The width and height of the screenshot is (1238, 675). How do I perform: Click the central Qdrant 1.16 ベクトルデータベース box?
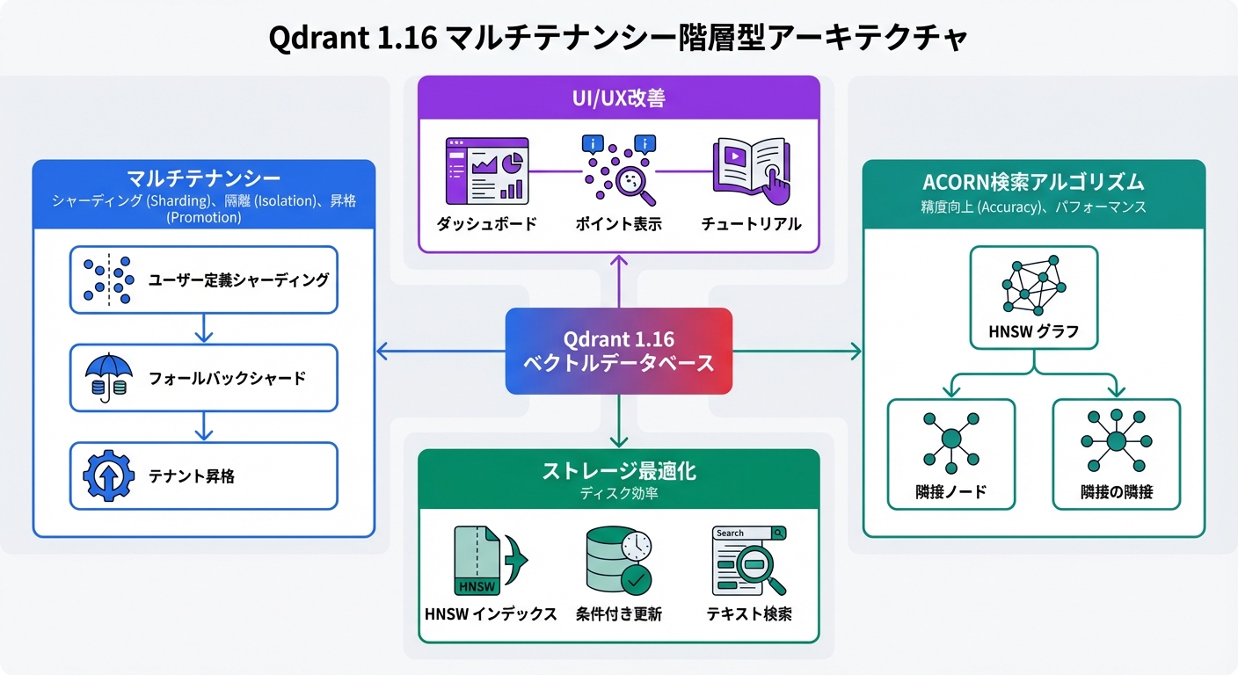[x=618, y=351]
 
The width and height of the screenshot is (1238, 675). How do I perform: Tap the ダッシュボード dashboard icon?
[x=486, y=169]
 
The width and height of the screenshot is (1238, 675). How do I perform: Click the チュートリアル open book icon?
[x=750, y=167]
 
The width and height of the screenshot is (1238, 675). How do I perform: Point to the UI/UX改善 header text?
[x=618, y=98]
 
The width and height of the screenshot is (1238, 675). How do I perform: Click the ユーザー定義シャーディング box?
[x=203, y=279]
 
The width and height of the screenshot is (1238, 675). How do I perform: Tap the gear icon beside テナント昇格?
[x=106, y=476]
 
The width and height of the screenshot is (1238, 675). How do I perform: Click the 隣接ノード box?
[x=950, y=454]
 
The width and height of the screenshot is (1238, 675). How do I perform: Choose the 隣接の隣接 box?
[x=1116, y=454]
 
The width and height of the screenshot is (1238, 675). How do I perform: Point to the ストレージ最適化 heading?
[x=618, y=471]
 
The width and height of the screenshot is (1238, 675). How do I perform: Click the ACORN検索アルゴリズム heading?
[x=1033, y=182]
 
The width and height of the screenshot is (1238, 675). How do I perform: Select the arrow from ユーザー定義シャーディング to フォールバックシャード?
[x=203, y=329]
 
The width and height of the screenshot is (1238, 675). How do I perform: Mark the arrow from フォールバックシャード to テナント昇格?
[x=203, y=426]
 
